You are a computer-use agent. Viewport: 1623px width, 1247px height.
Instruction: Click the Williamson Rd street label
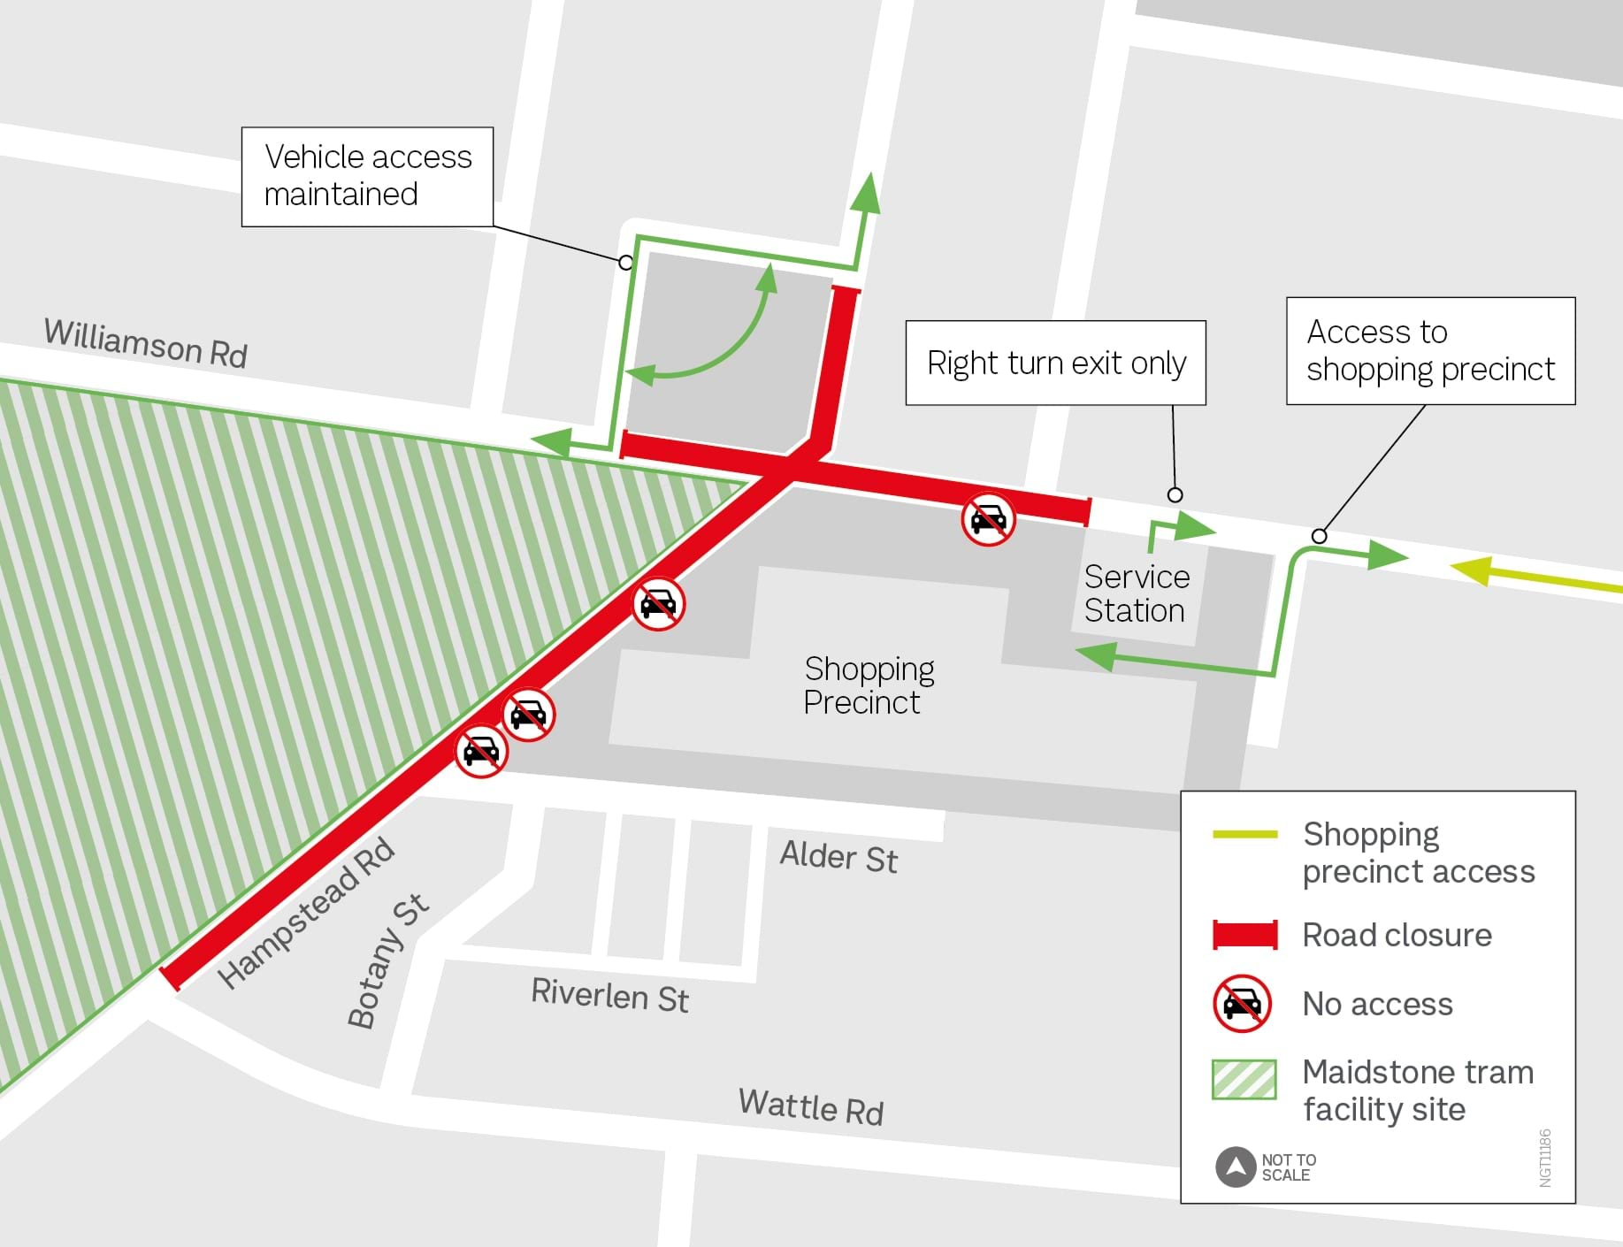click(146, 343)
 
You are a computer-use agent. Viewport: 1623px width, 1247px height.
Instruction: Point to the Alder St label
click(838, 857)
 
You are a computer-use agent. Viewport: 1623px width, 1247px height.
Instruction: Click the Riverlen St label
click(609, 995)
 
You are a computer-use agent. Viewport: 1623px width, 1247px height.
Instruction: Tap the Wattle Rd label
click(811, 1106)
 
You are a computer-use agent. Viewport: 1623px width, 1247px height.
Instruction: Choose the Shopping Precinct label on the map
click(869, 685)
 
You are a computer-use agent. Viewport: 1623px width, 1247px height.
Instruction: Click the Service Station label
click(1137, 593)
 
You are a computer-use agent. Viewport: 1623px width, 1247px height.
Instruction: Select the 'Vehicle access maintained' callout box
click(367, 176)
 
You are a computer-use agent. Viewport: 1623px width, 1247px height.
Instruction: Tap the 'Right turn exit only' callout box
click(1055, 363)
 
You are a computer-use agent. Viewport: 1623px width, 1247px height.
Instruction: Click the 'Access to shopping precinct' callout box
click(1430, 350)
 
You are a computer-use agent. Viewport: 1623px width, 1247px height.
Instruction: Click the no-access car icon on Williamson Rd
click(988, 519)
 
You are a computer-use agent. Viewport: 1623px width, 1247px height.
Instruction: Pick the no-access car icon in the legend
click(1242, 1004)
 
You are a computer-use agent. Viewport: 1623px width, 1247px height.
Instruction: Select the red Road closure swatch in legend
click(1244, 935)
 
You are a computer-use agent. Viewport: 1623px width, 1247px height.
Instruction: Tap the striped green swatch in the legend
click(1244, 1079)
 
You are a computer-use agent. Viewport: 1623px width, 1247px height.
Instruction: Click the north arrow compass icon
click(1236, 1167)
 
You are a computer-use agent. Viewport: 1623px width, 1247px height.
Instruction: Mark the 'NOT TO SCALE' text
click(1289, 1167)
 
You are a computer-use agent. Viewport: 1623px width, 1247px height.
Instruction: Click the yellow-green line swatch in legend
click(1244, 834)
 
